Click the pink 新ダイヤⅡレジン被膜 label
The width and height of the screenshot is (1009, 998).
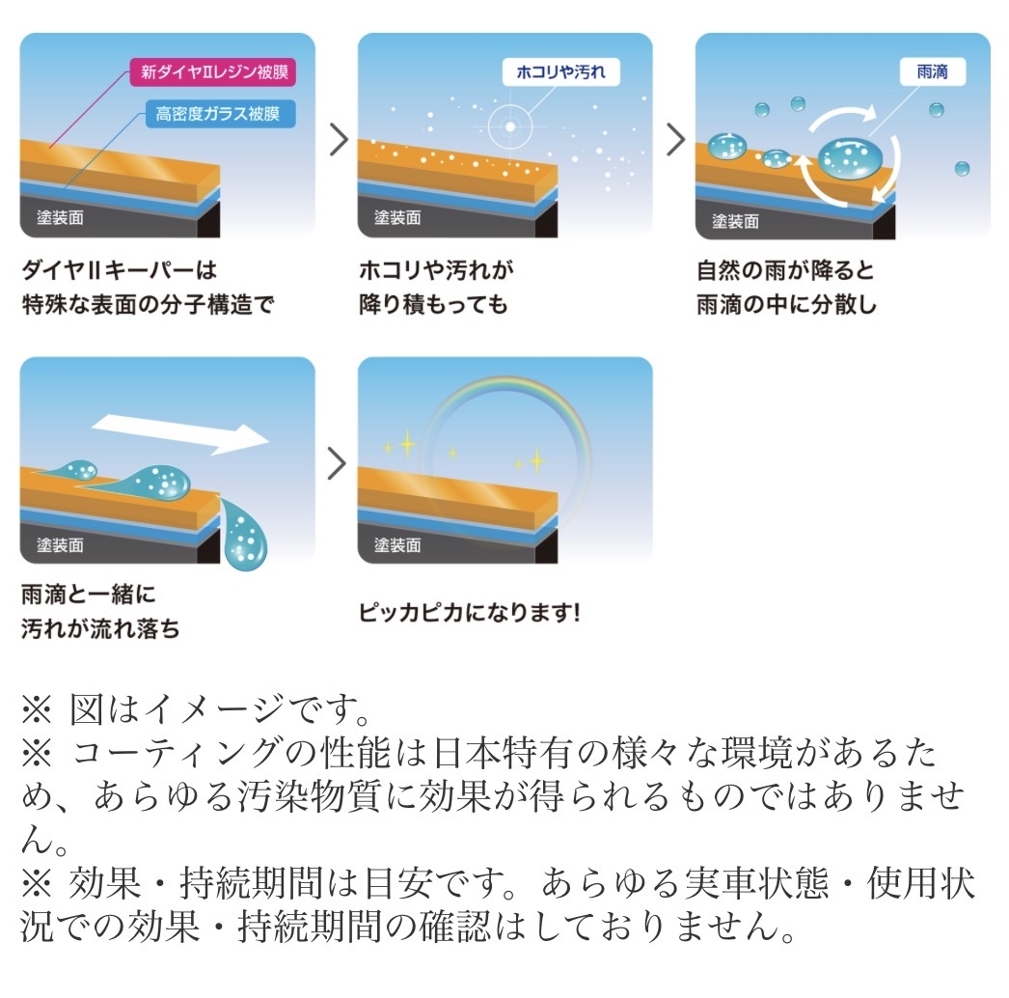pos(213,71)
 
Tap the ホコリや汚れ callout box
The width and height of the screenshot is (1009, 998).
pos(561,71)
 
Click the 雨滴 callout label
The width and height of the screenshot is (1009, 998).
pos(933,71)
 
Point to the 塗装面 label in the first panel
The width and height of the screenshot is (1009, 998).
pos(60,217)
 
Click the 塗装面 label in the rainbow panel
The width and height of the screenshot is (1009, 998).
pos(397,545)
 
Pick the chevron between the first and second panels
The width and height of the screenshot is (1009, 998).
pos(339,139)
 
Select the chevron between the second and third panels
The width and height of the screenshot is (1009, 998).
pos(675,139)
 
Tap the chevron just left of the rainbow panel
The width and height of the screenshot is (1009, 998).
pos(338,463)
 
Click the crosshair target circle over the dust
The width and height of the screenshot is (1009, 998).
pos(509,126)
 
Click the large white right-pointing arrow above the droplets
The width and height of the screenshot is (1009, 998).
pos(180,434)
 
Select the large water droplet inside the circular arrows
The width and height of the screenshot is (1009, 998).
pos(850,158)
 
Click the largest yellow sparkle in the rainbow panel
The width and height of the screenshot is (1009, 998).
pos(407,444)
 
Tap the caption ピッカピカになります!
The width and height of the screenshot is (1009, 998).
pos(470,612)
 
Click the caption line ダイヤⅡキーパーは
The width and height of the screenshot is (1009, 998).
pos(119,270)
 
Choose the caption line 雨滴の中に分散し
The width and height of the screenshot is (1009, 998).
pos(786,305)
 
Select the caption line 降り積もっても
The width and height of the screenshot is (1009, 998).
pos(433,305)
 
